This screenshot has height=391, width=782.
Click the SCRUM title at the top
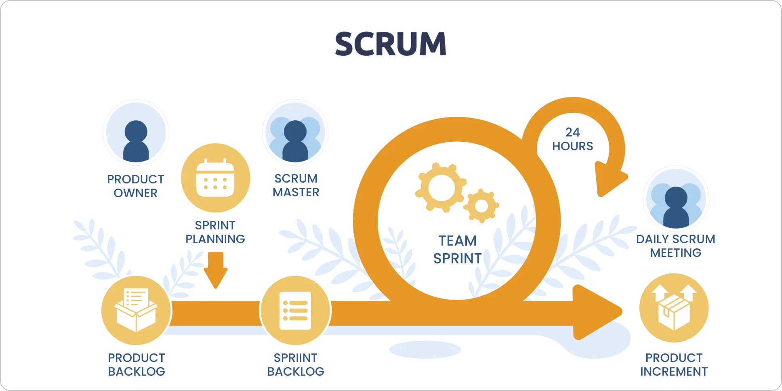[x=391, y=44]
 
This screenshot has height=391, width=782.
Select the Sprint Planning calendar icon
[x=215, y=178]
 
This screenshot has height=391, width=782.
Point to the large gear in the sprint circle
[x=441, y=187]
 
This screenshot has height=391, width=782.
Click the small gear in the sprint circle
[x=481, y=206]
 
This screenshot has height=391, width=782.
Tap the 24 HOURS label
[x=572, y=139]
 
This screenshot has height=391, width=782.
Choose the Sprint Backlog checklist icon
[x=295, y=310]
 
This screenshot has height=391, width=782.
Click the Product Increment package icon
[x=674, y=308]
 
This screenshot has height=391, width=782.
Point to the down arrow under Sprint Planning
[x=216, y=270]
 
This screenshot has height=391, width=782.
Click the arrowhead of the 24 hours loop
[x=610, y=179]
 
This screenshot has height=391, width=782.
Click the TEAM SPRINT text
[x=457, y=250]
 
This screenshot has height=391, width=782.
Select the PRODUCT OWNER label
[x=136, y=186]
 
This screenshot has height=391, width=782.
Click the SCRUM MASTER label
[x=296, y=185]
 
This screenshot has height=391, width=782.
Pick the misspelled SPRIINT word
[x=295, y=358]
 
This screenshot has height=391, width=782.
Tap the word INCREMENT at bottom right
[x=674, y=372]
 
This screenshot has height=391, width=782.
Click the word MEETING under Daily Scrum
[x=675, y=253]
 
